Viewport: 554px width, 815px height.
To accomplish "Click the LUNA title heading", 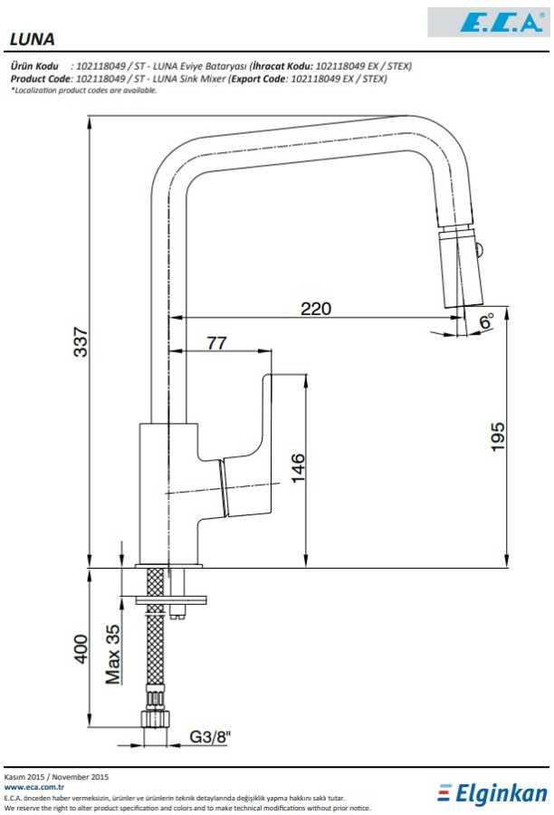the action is pyautogui.click(x=33, y=39).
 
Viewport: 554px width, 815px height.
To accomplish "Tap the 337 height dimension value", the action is pyautogui.click(x=81, y=341).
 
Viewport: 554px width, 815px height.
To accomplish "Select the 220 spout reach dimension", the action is pyautogui.click(x=315, y=309).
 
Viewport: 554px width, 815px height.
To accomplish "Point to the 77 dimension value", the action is pyautogui.click(x=216, y=343).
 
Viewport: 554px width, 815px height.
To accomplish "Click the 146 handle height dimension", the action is pyautogui.click(x=299, y=468).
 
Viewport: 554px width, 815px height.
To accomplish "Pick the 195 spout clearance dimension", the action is pyautogui.click(x=497, y=436).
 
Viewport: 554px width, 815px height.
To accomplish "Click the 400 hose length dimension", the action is pyautogui.click(x=81, y=648).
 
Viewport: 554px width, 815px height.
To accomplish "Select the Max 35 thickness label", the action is pyautogui.click(x=113, y=654).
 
